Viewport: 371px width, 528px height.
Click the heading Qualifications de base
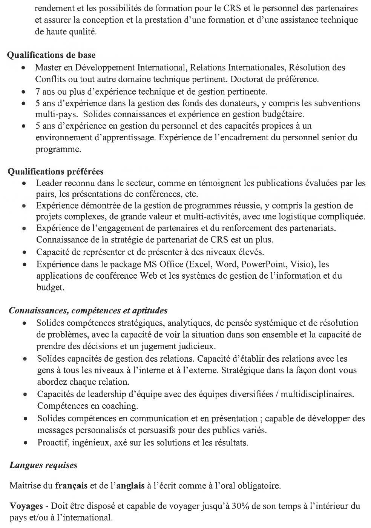click(x=52, y=55)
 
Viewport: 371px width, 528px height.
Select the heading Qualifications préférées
click(x=56, y=172)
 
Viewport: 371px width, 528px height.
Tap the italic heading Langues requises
click(x=43, y=465)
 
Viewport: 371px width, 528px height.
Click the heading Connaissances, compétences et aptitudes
click(x=88, y=311)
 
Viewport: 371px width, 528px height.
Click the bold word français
click(x=72, y=485)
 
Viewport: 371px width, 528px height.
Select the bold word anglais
click(x=130, y=485)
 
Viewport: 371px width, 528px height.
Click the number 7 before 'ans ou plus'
click(x=38, y=91)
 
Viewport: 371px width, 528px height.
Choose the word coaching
click(x=118, y=406)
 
